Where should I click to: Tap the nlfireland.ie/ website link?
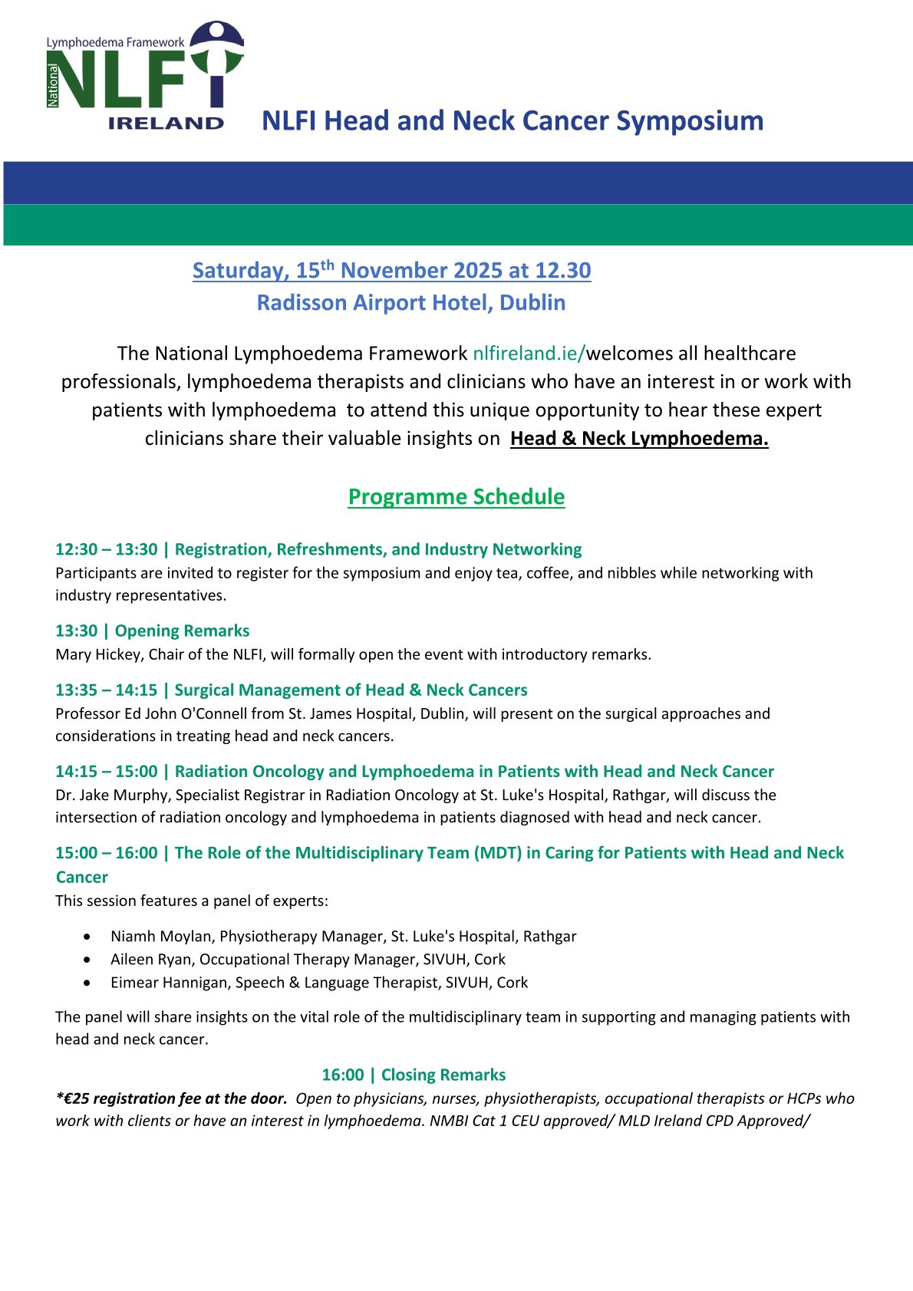(x=529, y=354)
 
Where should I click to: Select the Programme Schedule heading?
(x=457, y=497)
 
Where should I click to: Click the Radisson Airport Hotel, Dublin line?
(x=411, y=303)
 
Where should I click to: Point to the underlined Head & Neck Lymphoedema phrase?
(x=639, y=439)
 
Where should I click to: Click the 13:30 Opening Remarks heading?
(x=152, y=631)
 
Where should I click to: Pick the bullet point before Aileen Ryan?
(x=91, y=960)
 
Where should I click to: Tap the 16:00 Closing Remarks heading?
(x=414, y=1075)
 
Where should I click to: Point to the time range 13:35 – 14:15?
(x=106, y=690)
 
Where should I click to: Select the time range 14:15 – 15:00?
(x=106, y=772)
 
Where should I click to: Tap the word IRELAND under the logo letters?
(x=166, y=123)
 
